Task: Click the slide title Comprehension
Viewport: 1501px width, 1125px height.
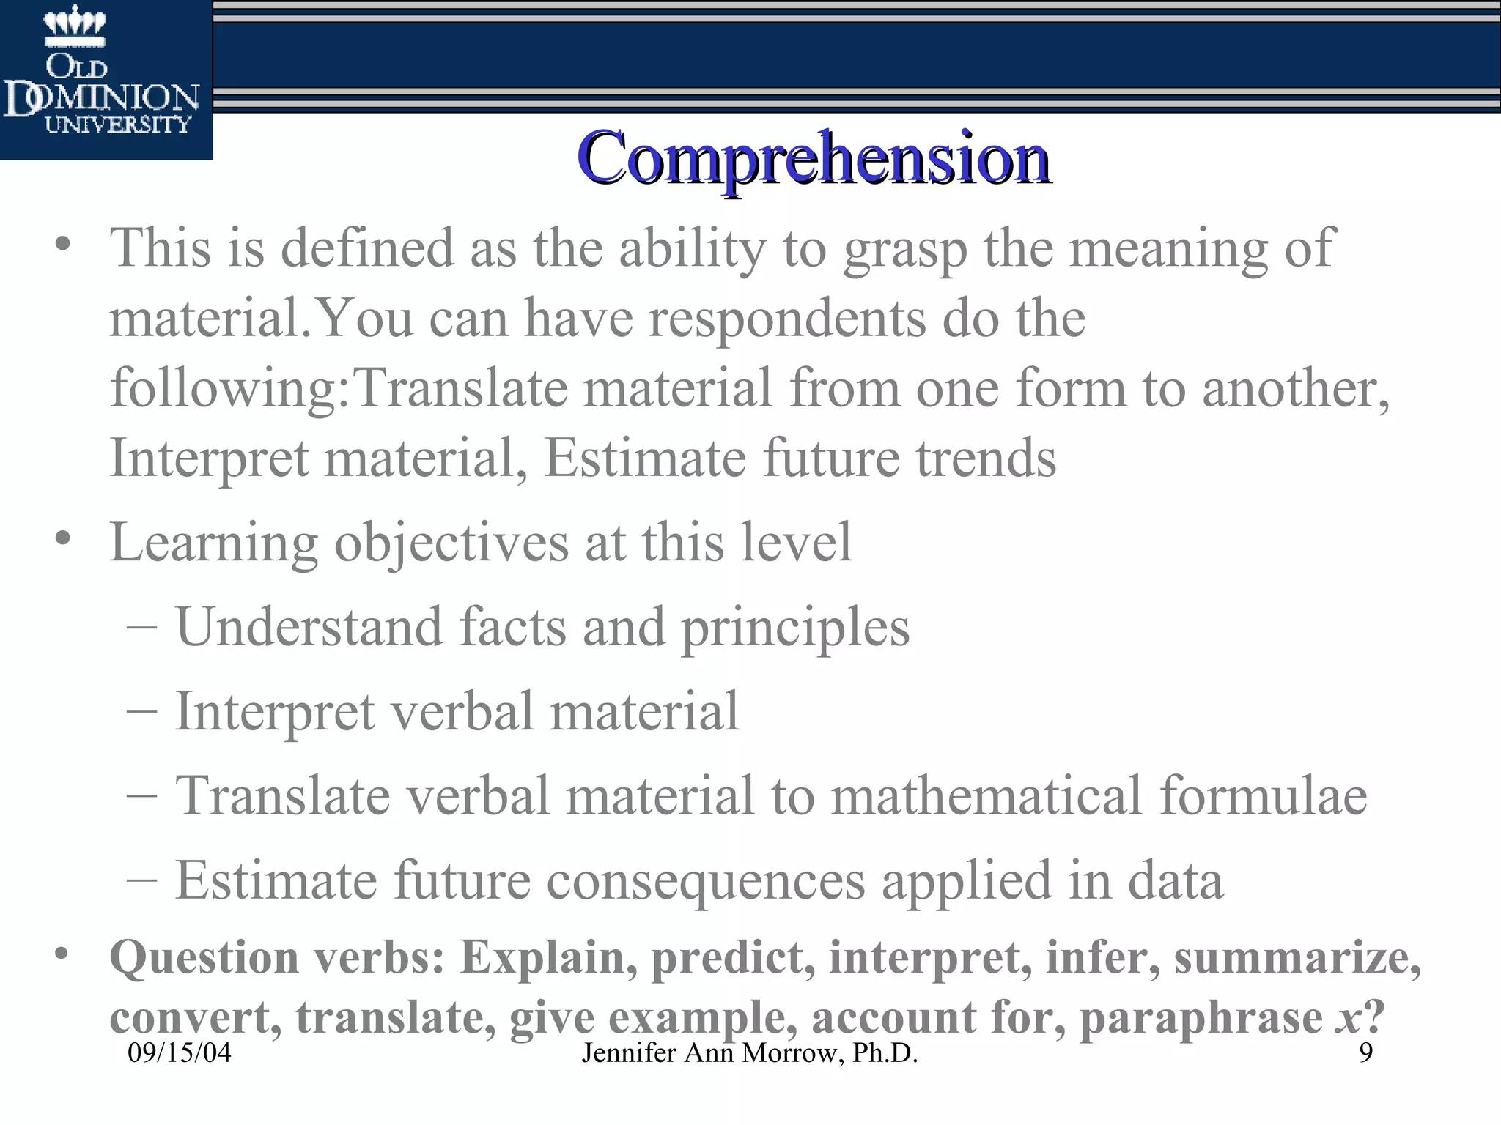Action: pyautogui.click(x=814, y=158)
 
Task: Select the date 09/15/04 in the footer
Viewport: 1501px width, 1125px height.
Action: pyautogui.click(x=179, y=1053)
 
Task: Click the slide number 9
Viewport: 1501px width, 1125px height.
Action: pyautogui.click(x=1365, y=1052)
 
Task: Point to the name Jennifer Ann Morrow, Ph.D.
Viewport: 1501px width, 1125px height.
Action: pyautogui.click(x=749, y=1053)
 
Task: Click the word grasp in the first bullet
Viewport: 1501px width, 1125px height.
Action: pyautogui.click(x=904, y=249)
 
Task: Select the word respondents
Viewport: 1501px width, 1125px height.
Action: pyautogui.click(x=787, y=319)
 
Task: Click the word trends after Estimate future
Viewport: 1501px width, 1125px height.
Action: pyautogui.click(x=986, y=458)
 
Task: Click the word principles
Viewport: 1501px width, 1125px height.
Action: pyautogui.click(x=795, y=628)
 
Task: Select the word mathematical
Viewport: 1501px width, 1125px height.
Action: pyautogui.click(x=986, y=796)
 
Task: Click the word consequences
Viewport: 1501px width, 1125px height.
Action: pyautogui.click(x=706, y=881)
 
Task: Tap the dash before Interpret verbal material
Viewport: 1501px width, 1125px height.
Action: pyautogui.click(x=141, y=712)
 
